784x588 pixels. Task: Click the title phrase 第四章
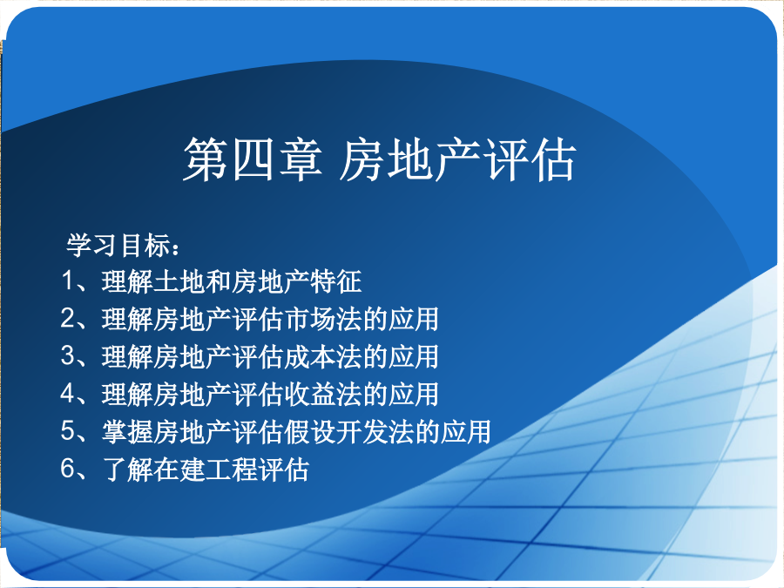click(x=253, y=159)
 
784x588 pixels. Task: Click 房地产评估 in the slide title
click(x=457, y=159)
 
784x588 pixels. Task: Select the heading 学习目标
click(x=118, y=246)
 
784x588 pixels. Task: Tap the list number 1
click(x=67, y=280)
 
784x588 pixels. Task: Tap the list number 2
click(x=67, y=318)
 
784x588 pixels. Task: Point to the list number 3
click(x=67, y=356)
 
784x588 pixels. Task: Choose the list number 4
click(x=67, y=394)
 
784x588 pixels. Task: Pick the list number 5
click(x=67, y=431)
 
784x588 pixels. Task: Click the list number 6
click(x=67, y=469)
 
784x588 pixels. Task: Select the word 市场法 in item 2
click(x=322, y=319)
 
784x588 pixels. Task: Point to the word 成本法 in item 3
click(x=322, y=356)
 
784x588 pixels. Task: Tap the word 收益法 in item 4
click(x=322, y=394)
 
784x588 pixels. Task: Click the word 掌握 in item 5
click(x=127, y=431)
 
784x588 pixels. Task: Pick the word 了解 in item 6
click(x=127, y=469)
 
